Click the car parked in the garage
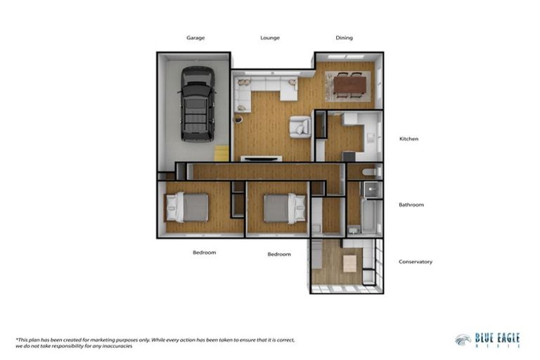coord(196,103)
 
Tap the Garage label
coord(195,38)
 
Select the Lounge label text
coord(270,38)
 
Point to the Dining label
coord(344,38)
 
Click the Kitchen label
coord(409,139)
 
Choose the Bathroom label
coord(411,205)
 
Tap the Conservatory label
coord(415,262)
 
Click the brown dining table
coord(349,85)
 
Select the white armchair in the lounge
coord(300,127)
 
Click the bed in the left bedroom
coord(188,207)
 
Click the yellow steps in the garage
coord(221,153)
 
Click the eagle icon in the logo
coord(463,340)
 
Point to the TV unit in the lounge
coord(262,158)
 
